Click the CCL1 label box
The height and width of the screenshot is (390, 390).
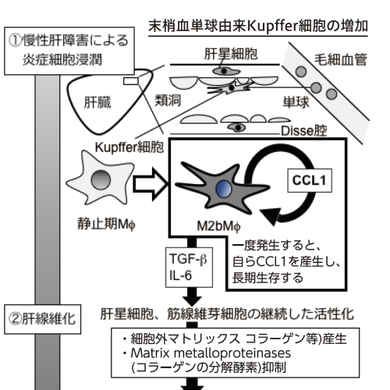[x=310, y=180]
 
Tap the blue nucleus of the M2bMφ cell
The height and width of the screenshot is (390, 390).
[x=224, y=189]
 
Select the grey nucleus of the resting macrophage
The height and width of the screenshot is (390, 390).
[x=101, y=179]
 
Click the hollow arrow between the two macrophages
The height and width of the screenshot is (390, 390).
[x=151, y=184]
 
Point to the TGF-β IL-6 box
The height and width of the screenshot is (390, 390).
[x=189, y=268]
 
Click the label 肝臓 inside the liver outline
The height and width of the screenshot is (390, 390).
[x=97, y=102]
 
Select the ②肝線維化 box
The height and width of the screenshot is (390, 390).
[x=42, y=319]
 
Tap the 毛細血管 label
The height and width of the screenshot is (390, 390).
[x=340, y=59]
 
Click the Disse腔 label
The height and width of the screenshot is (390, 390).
[x=303, y=131]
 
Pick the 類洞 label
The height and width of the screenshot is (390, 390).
[x=168, y=100]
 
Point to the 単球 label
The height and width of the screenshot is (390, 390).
[x=296, y=102]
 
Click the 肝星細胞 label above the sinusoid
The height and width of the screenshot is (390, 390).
[x=231, y=54]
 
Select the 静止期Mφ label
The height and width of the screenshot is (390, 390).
[x=107, y=224]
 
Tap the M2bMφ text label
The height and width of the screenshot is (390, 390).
[x=218, y=226]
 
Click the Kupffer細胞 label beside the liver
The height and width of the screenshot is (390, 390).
[x=129, y=147]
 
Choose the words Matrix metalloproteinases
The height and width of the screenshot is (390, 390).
[x=211, y=353]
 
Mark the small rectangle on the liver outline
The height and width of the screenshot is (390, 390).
[x=131, y=81]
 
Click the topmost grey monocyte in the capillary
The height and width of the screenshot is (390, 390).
[x=301, y=72]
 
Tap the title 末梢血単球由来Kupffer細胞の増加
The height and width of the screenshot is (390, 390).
[x=258, y=27]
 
